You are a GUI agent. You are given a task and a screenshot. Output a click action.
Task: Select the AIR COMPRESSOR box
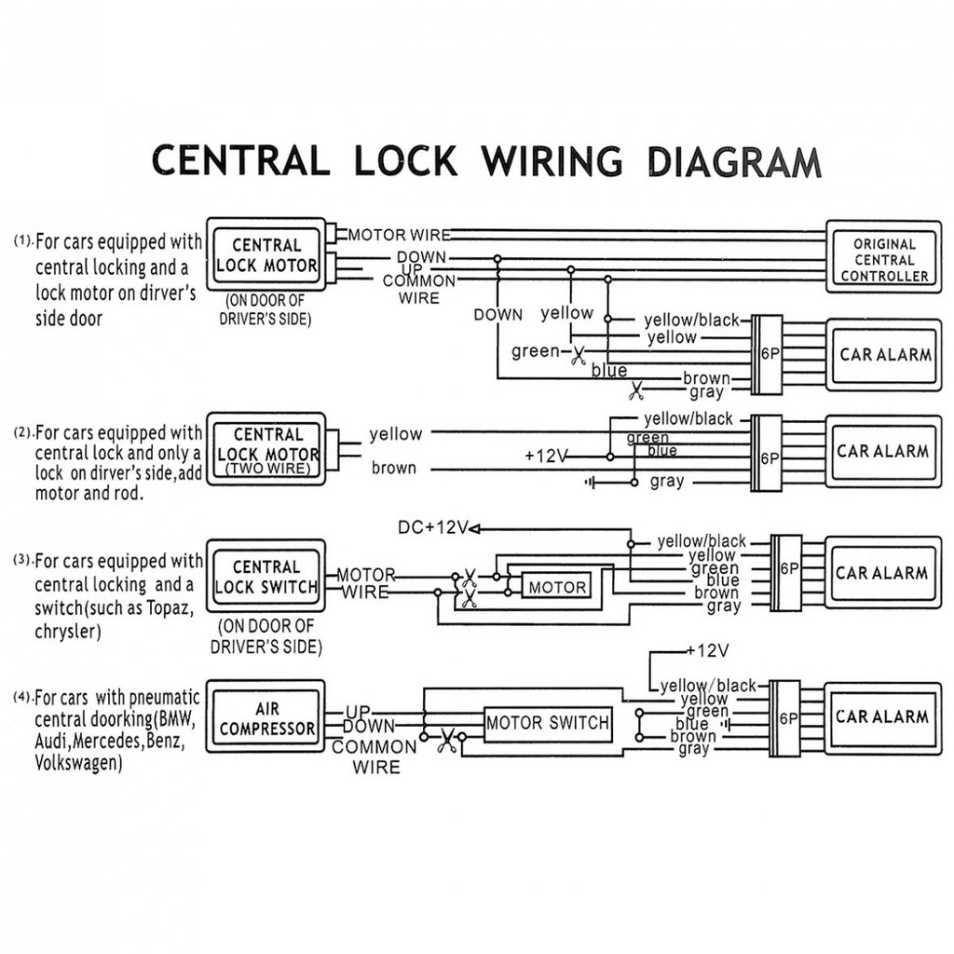click(266, 718)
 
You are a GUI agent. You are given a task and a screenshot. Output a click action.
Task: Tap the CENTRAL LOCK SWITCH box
click(266, 577)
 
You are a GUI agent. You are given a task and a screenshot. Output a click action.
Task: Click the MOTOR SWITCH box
click(548, 722)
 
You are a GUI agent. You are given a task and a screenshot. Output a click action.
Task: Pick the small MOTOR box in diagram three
click(557, 587)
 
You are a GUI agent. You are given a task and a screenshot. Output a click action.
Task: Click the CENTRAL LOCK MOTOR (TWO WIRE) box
click(266, 451)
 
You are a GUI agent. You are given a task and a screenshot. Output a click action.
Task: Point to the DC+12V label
click(431, 528)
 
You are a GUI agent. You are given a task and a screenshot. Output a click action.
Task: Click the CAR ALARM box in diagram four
click(881, 716)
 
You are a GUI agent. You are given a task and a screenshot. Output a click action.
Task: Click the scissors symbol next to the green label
click(579, 354)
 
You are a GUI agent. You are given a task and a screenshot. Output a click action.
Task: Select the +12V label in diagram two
click(546, 457)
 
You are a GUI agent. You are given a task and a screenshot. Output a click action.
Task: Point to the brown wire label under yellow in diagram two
click(394, 468)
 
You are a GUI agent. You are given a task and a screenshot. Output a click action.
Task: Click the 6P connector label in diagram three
click(788, 568)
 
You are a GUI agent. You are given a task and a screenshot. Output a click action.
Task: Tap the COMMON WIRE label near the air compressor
click(375, 756)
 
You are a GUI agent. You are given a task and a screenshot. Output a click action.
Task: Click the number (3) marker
click(22, 560)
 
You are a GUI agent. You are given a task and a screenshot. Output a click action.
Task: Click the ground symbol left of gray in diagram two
click(590, 482)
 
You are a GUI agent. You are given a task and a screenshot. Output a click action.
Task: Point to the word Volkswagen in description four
click(78, 763)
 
